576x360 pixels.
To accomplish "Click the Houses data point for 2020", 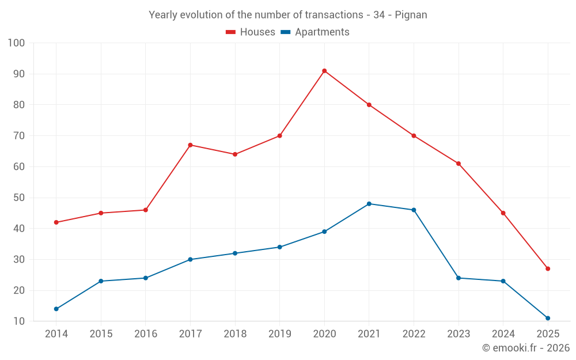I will click(324, 71).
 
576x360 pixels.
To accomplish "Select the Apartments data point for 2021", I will click(369, 204).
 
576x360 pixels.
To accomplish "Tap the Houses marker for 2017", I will click(190, 145).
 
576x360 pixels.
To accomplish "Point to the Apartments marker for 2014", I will click(56, 309).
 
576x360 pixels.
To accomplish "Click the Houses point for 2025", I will click(548, 268).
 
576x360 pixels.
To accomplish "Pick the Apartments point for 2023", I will click(458, 278).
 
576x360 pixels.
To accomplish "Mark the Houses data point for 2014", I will click(56, 222).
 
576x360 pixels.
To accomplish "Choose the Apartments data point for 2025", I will click(548, 318).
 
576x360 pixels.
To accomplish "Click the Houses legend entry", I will click(251, 32).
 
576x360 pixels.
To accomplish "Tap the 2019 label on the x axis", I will click(279, 334).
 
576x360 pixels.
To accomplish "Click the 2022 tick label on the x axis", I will click(414, 334).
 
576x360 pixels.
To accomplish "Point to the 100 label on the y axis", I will click(17, 43).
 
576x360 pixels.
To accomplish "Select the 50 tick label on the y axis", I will click(20, 198).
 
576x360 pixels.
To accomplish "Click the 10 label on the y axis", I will click(20, 321).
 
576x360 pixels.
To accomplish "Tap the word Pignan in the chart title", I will click(411, 15).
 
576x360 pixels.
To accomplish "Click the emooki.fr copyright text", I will click(525, 348).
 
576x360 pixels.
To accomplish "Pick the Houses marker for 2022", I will click(414, 136).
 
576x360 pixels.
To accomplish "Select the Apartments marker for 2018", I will click(235, 253).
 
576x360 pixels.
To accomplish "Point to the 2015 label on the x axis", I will click(101, 334).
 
